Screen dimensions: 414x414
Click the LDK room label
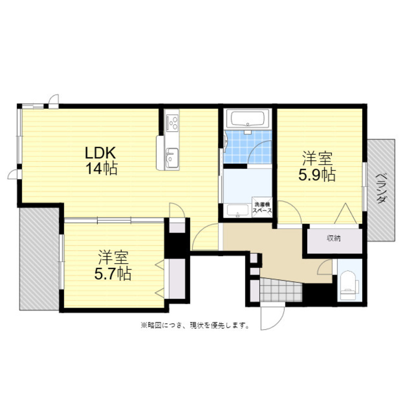pos(100,152)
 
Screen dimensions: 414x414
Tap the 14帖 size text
pos(101,168)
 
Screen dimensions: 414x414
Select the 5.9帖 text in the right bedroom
pos(317,175)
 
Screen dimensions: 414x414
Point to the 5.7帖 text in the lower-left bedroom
pos(113,274)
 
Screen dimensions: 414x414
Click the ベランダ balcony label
pos(380,188)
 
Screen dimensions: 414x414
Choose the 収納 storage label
pos(334,238)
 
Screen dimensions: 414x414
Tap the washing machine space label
pos(262,207)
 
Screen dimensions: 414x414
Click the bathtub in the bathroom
pos(248,119)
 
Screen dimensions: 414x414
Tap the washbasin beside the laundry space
pos(238,210)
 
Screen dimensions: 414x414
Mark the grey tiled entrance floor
pos(281,290)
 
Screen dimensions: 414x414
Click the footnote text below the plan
pos(195,325)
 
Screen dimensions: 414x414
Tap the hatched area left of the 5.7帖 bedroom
pos(39,259)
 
